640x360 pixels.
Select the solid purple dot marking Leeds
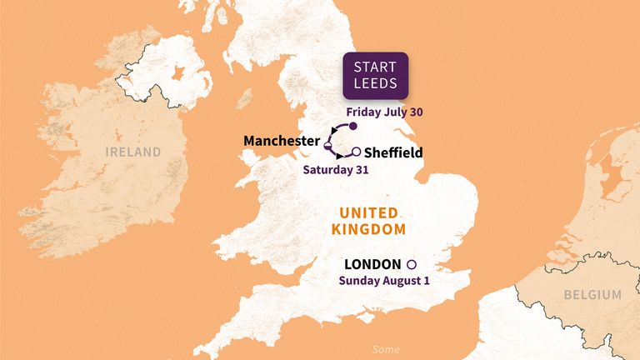click(x=352, y=127)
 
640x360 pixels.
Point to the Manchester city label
click(x=281, y=141)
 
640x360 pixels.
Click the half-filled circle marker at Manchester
click(x=328, y=147)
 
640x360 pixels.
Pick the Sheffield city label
click(x=393, y=152)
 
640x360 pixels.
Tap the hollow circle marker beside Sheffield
click(x=357, y=152)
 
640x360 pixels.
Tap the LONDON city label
click(x=373, y=264)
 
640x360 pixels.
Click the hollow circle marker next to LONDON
click(x=411, y=264)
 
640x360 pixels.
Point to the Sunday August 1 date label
click(x=383, y=281)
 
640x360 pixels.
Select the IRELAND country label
click(x=132, y=152)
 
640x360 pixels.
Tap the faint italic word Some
click(x=385, y=349)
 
